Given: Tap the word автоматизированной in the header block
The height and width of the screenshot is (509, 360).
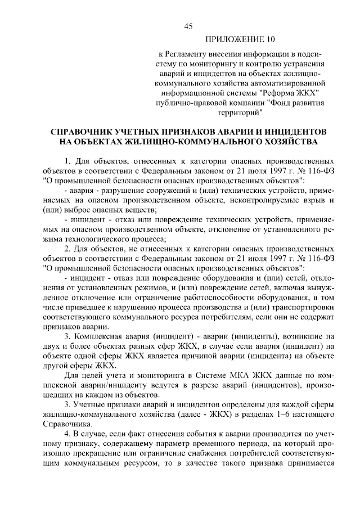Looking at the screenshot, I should (292, 82).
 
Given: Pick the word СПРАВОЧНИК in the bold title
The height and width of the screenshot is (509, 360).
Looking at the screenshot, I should (82, 130).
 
